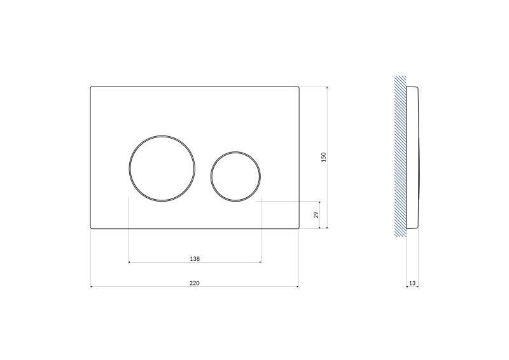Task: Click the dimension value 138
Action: tap(195, 259)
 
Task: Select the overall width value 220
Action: tap(195, 283)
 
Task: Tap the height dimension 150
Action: tap(323, 156)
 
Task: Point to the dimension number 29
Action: tap(316, 215)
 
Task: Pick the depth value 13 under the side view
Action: tap(412, 283)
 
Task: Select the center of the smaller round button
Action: tap(235, 176)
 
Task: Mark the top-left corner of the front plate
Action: tap(91, 87)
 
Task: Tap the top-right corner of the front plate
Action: tap(298, 87)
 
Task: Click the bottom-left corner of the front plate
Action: tap(91, 228)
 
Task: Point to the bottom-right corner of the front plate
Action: tap(298, 228)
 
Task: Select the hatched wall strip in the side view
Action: tap(400, 156)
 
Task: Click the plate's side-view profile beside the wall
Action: tap(412, 156)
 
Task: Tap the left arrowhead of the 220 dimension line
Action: tap(92, 287)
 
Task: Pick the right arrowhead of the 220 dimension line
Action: tap(297, 287)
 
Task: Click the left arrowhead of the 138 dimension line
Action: tap(130, 262)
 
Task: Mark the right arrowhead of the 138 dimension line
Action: tap(259, 262)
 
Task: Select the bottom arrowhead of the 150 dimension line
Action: tap(327, 227)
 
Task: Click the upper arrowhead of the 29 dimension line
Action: tap(320, 202)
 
